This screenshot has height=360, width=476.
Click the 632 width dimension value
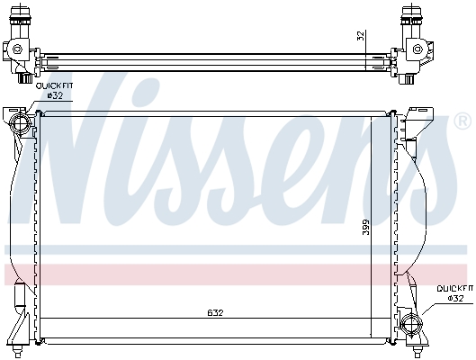click(215, 312)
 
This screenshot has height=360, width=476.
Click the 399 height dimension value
click(366, 227)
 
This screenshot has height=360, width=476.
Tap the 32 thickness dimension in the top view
click(361, 36)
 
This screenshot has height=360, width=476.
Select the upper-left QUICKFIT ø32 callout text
click(55, 91)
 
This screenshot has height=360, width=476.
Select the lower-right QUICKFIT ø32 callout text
click(455, 293)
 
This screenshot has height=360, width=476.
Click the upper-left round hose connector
click(20, 124)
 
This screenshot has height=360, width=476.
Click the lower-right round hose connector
click(411, 324)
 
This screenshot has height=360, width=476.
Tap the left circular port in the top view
click(17, 49)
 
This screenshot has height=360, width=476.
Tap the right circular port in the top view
click(418, 49)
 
